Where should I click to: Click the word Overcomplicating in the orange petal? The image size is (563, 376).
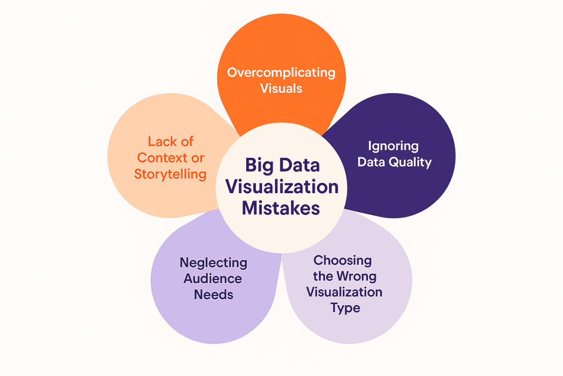[x=281, y=72]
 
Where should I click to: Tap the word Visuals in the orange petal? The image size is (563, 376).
[x=281, y=88]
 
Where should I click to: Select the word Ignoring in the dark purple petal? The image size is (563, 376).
[x=394, y=146]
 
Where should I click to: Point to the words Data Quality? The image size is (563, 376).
[x=394, y=162]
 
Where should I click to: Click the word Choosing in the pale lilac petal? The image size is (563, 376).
[x=343, y=260]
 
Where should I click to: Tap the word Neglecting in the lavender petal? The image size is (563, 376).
[x=213, y=263]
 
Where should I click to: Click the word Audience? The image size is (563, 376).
[x=213, y=279]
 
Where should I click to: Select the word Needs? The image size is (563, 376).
[x=213, y=295]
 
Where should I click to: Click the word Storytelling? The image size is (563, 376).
[x=171, y=174]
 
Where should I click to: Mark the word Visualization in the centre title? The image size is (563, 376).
[x=282, y=187]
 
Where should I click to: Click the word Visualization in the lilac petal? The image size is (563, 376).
[x=345, y=292]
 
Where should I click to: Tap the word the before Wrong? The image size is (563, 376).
[x=323, y=276]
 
